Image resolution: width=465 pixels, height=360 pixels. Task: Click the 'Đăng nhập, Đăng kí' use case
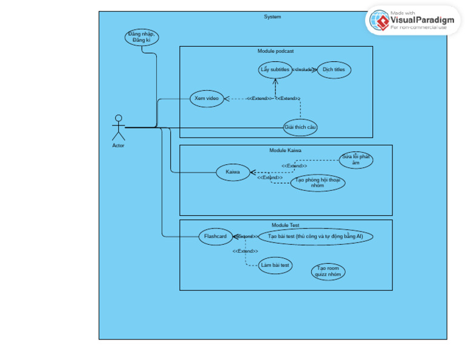pos(142,37)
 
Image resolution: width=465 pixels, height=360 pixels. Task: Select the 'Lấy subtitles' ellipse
pos(275,70)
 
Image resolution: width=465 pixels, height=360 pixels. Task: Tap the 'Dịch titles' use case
pos(334,70)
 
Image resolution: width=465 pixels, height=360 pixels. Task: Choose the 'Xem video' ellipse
pos(206,98)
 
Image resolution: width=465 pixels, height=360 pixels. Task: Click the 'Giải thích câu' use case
pos(300,127)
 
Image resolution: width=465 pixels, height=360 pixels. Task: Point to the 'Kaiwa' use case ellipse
pos(232,172)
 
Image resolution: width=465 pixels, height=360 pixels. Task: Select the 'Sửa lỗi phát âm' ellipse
pos(355,159)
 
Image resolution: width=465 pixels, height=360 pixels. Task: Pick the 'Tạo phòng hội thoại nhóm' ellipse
pos(317,183)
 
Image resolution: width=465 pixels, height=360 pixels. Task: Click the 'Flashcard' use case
pos(216,236)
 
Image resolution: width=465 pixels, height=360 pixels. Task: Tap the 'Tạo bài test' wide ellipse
pos(315,236)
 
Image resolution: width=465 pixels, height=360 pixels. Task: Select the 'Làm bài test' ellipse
pos(275,265)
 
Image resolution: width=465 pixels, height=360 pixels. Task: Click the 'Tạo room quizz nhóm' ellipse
pos(328,272)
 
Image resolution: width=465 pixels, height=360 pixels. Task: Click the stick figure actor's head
pos(118,118)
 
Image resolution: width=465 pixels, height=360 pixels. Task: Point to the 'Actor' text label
pos(118,145)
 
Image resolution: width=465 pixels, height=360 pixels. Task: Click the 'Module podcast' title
pos(275,52)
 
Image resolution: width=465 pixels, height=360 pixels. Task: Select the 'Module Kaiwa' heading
pos(285,150)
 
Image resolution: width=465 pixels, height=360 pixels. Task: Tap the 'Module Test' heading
pos(285,225)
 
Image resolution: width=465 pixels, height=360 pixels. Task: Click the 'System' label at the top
pos(272,17)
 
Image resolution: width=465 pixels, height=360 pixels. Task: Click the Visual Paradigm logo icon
pos(380,21)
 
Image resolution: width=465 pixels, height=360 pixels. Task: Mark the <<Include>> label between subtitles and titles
pos(304,70)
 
